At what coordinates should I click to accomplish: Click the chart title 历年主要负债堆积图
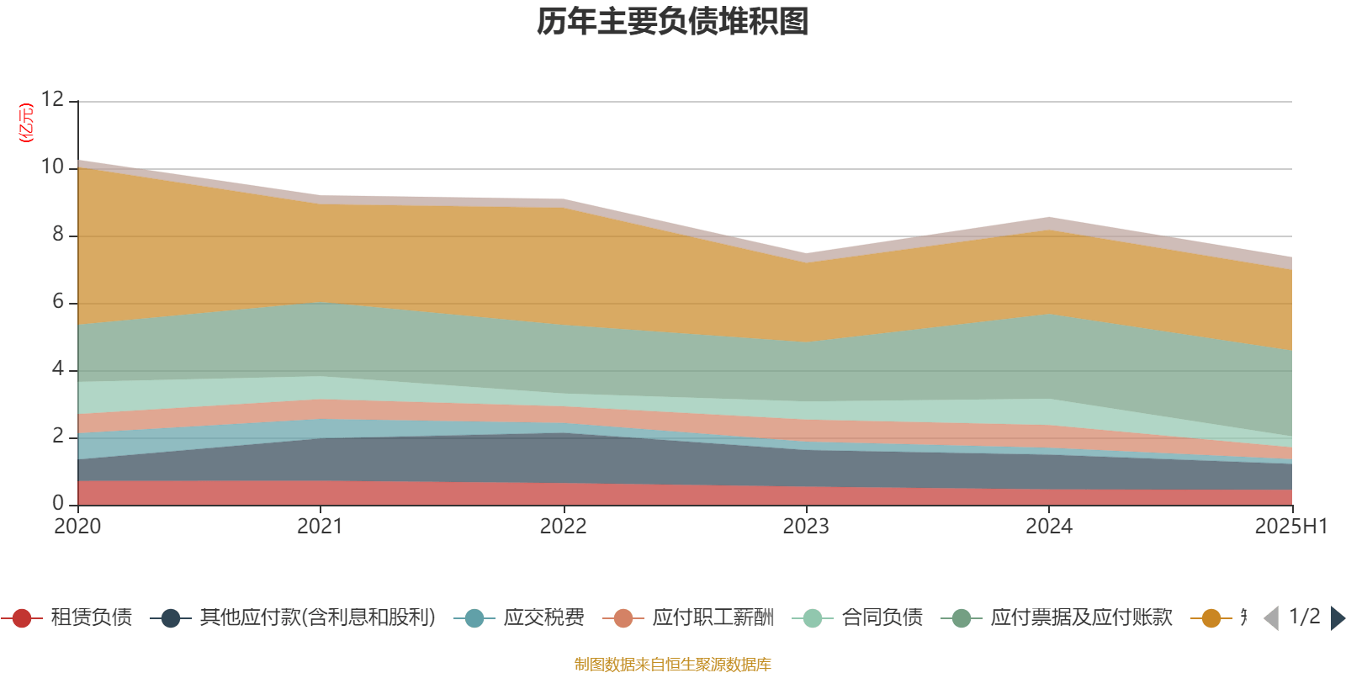673,22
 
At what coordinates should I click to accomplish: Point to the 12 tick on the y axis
52,100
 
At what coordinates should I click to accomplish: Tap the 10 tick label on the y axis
52,167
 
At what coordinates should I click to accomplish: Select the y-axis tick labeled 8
57,235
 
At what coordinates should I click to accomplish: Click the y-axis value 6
57,302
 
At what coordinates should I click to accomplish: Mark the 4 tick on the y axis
57,369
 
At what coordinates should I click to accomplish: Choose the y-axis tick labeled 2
57,437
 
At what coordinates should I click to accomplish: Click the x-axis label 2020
77,527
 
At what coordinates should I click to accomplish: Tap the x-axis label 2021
320,527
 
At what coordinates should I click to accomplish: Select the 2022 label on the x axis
563,527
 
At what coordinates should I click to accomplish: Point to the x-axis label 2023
806,527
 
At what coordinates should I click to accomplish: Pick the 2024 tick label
1048,527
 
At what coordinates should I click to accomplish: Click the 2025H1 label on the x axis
1290,527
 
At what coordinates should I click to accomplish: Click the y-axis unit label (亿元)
26,123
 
